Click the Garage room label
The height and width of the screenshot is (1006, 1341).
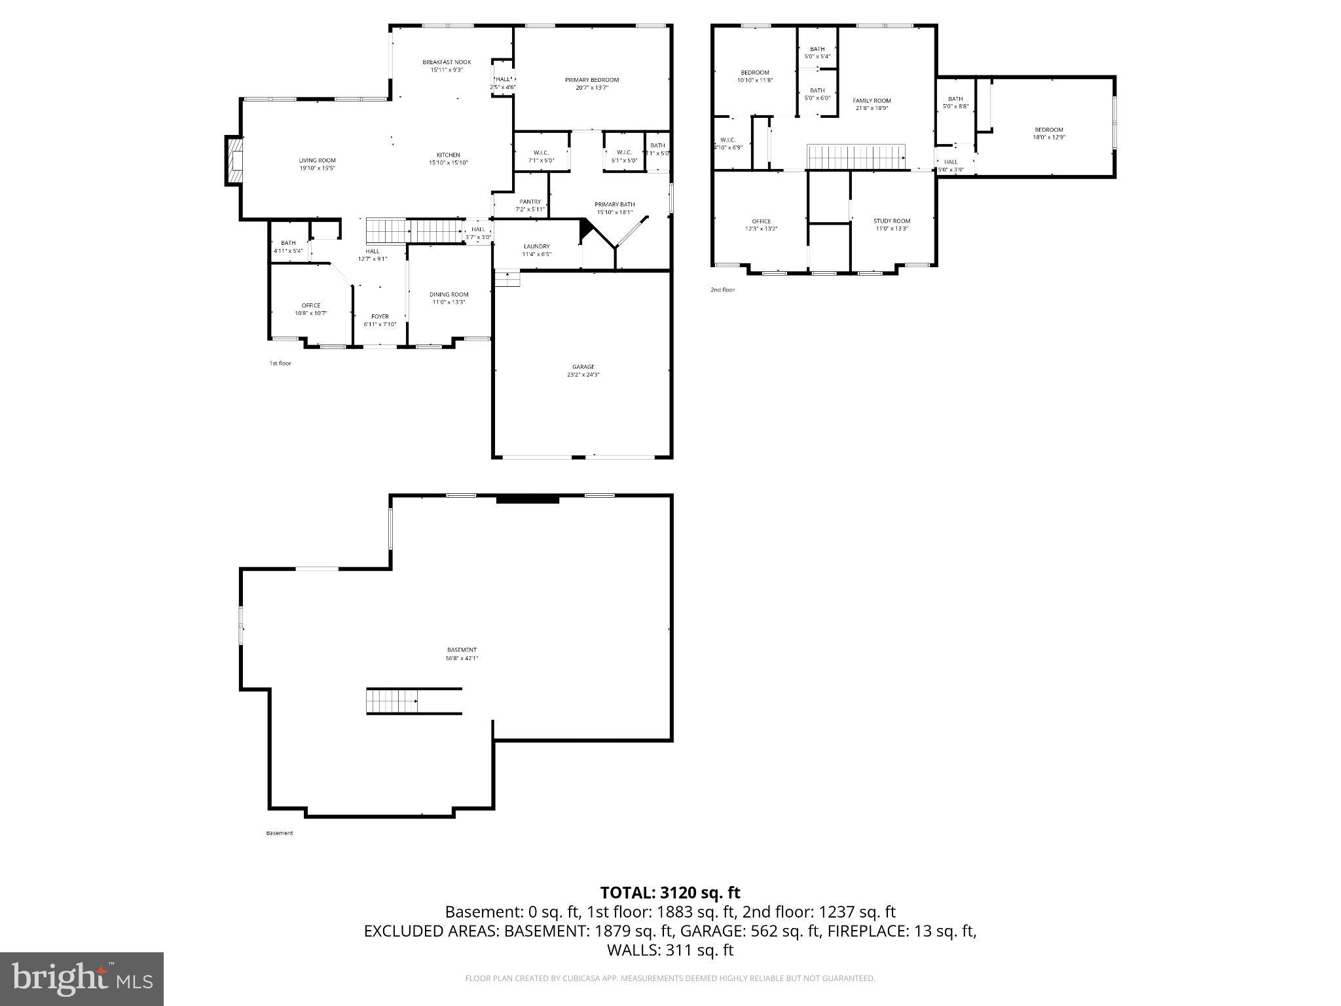[x=583, y=367]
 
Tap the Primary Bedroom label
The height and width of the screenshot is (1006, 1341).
[x=592, y=80]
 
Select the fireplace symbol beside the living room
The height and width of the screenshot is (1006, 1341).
[x=234, y=160]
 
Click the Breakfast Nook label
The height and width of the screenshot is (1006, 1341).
[x=447, y=62]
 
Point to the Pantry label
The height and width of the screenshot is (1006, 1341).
[x=530, y=202]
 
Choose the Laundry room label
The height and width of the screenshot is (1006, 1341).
[x=536, y=247]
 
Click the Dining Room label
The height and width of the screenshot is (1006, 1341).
[x=449, y=295]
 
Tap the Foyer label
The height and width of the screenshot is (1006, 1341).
[x=380, y=317]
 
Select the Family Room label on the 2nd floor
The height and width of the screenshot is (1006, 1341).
[x=872, y=101]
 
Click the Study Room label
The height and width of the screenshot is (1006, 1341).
[x=892, y=221]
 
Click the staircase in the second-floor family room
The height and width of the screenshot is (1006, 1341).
[x=856, y=157]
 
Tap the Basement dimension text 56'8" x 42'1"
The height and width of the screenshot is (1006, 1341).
[x=462, y=658]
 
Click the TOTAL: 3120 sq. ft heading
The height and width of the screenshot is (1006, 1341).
[x=670, y=892]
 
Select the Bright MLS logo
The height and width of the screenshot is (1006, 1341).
[x=82, y=979]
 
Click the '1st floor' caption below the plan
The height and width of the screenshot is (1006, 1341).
[x=280, y=363]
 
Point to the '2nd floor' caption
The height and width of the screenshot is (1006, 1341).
[x=722, y=289]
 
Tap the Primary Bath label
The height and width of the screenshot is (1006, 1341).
[x=614, y=204]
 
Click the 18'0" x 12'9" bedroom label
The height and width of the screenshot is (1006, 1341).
[x=1048, y=137]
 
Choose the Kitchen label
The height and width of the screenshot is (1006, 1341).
[x=449, y=155]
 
